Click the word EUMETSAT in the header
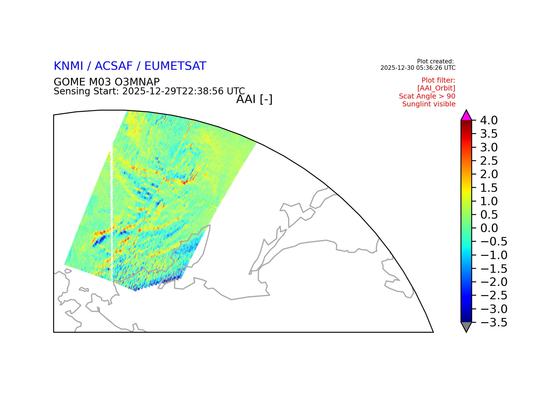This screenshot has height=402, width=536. click(x=175, y=66)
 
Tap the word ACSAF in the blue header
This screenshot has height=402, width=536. click(x=114, y=66)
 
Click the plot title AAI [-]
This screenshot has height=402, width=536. click(x=254, y=99)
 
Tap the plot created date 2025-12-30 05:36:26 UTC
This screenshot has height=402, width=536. click(x=418, y=68)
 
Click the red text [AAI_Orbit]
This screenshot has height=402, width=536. click(x=436, y=88)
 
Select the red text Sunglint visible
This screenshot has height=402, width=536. click(x=429, y=104)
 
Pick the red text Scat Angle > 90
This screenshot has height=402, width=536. click(x=427, y=96)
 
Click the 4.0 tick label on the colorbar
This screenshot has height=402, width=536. click(x=489, y=121)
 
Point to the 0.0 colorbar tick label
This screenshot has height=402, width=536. click(x=489, y=228)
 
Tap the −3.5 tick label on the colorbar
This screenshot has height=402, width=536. click(x=494, y=323)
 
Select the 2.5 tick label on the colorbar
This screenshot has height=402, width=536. click(x=489, y=161)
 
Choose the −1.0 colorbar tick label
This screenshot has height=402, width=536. click(x=494, y=255)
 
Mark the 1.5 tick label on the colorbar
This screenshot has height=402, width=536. click(x=489, y=188)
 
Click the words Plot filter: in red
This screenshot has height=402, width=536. click(x=438, y=80)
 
